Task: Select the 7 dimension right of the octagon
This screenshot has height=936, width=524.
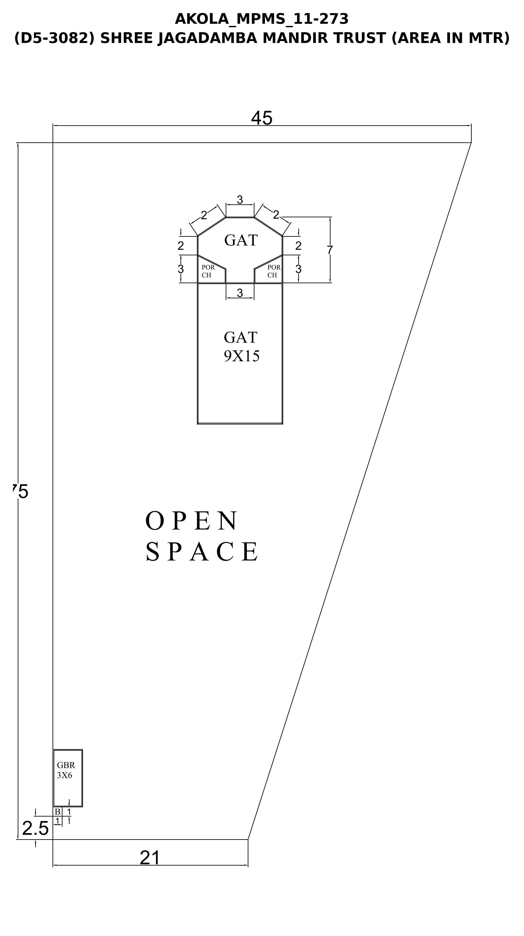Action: (330, 250)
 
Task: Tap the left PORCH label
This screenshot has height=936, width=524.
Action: (208, 271)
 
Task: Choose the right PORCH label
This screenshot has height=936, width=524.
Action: (274, 271)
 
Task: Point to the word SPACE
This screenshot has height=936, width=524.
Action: (202, 551)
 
